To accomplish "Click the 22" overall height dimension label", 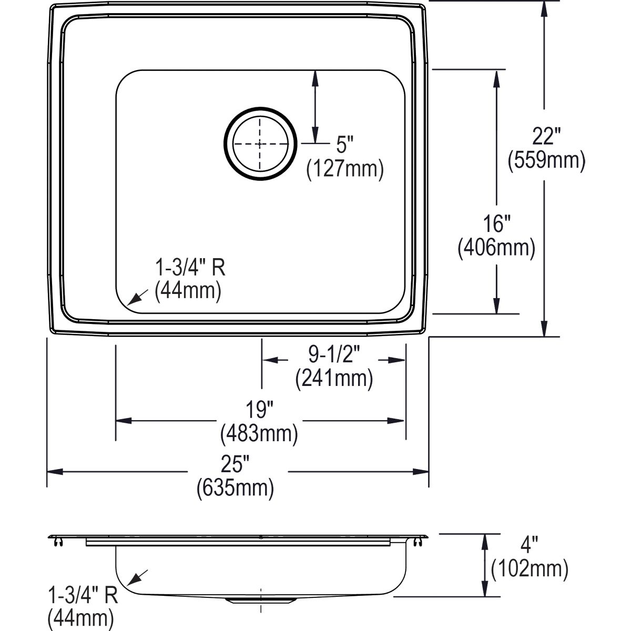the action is [x=546, y=136].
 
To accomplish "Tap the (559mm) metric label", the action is [x=546, y=160].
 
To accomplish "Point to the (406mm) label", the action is [x=496, y=248].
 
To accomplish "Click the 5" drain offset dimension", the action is [x=345, y=145].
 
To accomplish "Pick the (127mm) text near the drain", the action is [x=345, y=169].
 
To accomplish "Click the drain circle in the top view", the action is [x=261, y=144].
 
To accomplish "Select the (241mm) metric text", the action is [x=334, y=378].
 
